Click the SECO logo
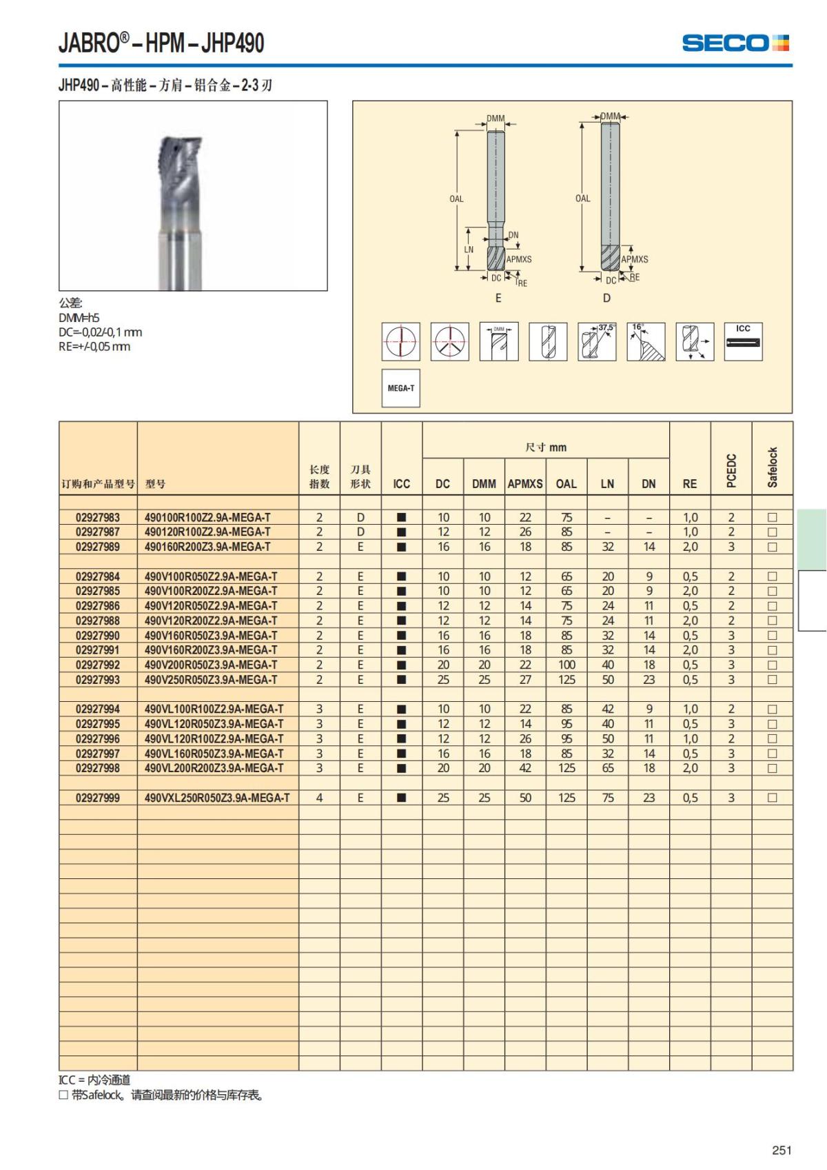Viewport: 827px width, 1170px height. [x=735, y=43]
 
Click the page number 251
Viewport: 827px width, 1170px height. [x=782, y=1150]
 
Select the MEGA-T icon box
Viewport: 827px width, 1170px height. [x=400, y=388]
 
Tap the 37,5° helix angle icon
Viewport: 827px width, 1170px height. [x=597, y=341]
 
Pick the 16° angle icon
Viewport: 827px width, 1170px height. [x=646, y=341]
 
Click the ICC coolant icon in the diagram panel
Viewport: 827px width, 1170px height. [x=743, y=341]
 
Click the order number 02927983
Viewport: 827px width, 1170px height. [x=98, y=517]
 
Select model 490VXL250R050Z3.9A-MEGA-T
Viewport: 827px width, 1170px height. [x=217, y=798]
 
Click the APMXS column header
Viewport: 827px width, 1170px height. [x=525, y=484]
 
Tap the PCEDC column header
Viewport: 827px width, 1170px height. [x=731, y=470]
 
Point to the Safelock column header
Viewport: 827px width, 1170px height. [x=773, y=467]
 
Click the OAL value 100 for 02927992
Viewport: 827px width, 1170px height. [x=566, y=665]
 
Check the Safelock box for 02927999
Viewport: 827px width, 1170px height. [x=773, y=798]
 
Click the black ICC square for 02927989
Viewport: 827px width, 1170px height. [x=402, y=547]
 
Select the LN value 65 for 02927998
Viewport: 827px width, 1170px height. [x=608, y=768]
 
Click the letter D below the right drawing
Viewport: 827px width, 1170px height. [x=606, y=298]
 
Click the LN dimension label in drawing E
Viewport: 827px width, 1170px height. [x=469, y=250]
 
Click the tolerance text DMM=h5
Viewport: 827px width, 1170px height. [x=79, y=318]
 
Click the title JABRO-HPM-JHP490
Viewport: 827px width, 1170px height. [x=161, y=43]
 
